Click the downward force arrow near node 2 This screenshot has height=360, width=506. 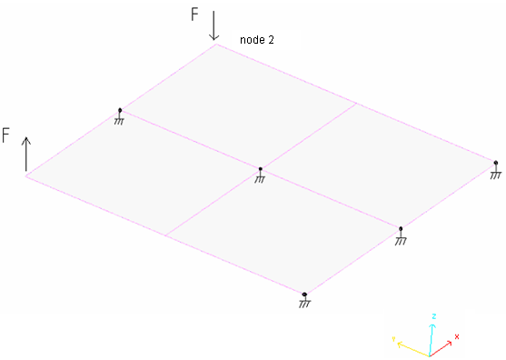(x=214, y=25)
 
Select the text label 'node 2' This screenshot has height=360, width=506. (x=256, y=40)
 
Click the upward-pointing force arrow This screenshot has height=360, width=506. (x=26, y=154)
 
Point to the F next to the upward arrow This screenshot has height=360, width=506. (x=6, y=135)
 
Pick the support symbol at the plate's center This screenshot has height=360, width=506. (x=260, y=174)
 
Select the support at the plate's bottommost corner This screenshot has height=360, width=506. (x=304, y=299)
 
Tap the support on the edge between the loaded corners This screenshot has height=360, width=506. (x=120, y=115)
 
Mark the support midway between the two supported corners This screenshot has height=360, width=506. (x=401, y=235)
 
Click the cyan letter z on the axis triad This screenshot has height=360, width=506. (x=435, y=316)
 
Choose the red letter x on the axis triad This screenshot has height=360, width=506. (x=457, y=336)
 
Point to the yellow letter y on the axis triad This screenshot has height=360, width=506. (x=393, y=338)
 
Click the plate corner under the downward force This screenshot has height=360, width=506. (x=215, y=45)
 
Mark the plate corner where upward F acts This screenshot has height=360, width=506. (x=26, y=175)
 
